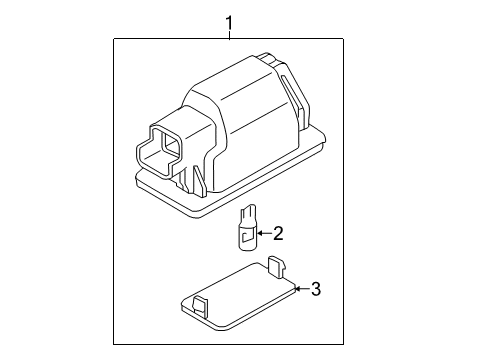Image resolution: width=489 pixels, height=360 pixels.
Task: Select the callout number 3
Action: [x=315, y=289]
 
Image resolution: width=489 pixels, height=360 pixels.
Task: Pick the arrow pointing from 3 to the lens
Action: [x=300, y=289]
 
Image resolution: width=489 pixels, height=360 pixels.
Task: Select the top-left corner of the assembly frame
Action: [x=113, y=39]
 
